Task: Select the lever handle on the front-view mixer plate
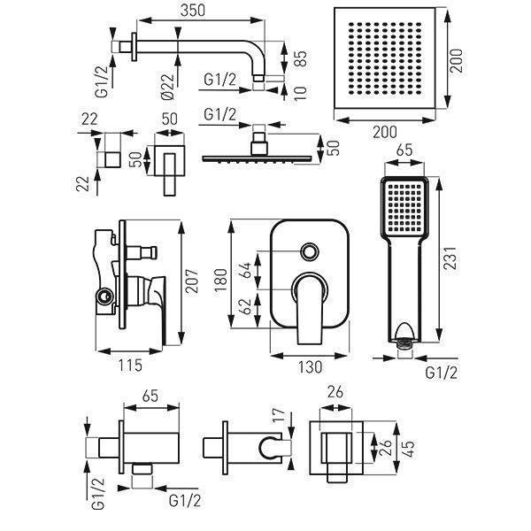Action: (312, 308)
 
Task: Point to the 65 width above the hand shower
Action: (405, 151)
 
